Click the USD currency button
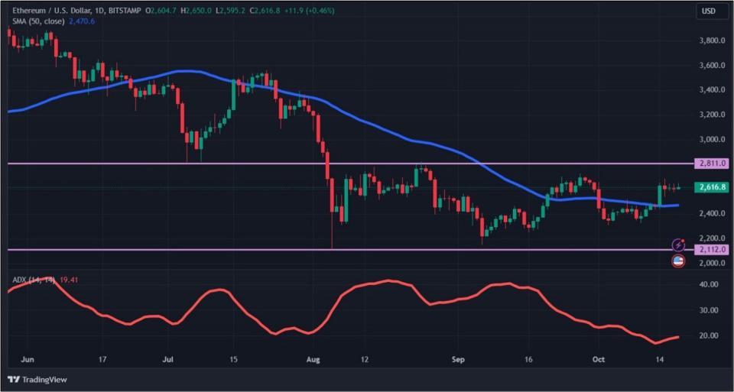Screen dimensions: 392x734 coord(709,11)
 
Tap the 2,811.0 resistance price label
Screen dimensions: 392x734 coord(711,164)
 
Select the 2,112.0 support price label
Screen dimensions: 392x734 coord(711,250)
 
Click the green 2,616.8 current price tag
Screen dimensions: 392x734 coord(711,187)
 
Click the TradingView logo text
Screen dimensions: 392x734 coord(44,379)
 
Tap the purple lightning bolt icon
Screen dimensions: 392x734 coord(677,245)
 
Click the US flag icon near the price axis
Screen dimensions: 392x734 coord(677,261)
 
